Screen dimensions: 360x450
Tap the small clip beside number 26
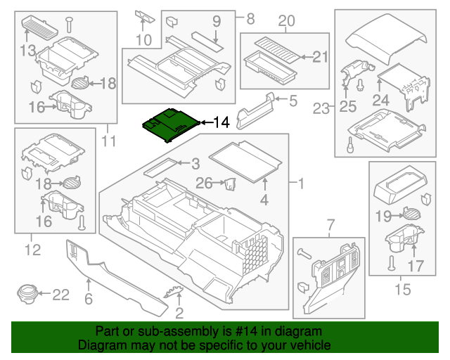click(x=229, y=184)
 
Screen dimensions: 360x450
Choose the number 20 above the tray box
click(x=285, y=22)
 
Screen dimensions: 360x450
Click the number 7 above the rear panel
click(x=328, y=225)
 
